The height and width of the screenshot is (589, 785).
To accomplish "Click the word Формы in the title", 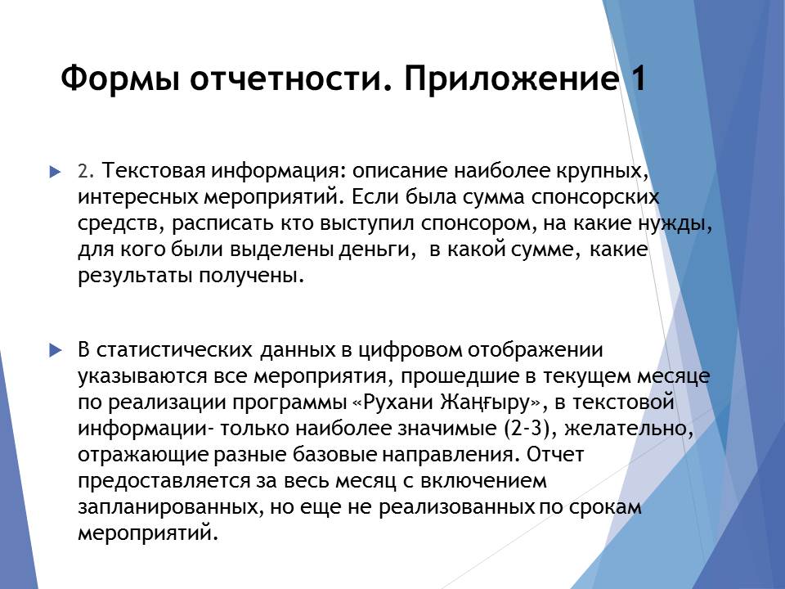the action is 119,79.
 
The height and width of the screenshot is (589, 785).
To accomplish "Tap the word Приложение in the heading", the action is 510,79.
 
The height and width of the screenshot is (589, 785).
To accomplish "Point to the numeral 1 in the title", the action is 638,79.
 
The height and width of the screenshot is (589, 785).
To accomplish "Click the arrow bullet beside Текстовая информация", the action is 55,173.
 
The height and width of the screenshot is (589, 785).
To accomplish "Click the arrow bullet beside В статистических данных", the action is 56,351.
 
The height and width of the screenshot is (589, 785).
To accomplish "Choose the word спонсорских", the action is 595,198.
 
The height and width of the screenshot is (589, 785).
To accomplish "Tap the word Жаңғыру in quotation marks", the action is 485,402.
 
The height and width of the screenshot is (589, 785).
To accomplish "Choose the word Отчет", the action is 555,454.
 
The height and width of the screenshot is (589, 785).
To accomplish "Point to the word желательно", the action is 629,428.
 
